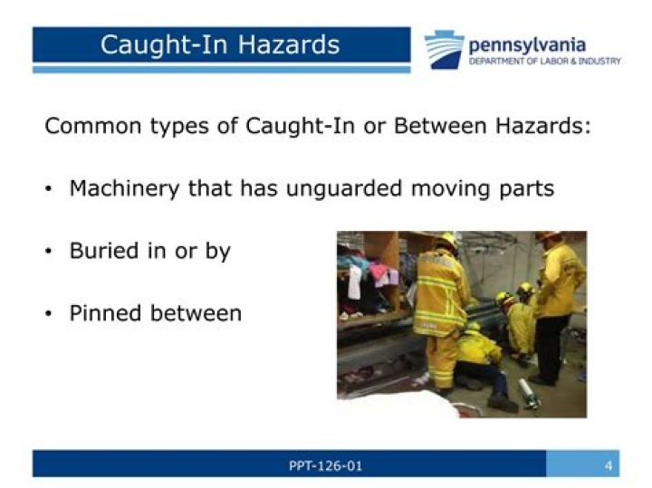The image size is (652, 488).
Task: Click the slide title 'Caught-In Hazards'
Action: pos(220,44)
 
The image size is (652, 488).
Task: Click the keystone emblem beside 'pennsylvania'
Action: pos(444,50)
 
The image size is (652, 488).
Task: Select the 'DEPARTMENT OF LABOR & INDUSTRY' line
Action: pos(544,61)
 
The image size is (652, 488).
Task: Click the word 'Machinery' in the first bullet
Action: pos(124,189)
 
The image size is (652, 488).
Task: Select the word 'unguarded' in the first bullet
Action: pos(336,189)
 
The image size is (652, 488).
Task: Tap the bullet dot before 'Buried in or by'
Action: pos(49,253)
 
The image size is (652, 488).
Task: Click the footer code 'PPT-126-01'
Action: pos(324,465)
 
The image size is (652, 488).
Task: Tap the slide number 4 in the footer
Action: pos(609,465)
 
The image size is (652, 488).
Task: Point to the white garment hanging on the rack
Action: pos(356,282)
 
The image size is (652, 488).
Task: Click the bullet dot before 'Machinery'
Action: pos(49,190)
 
